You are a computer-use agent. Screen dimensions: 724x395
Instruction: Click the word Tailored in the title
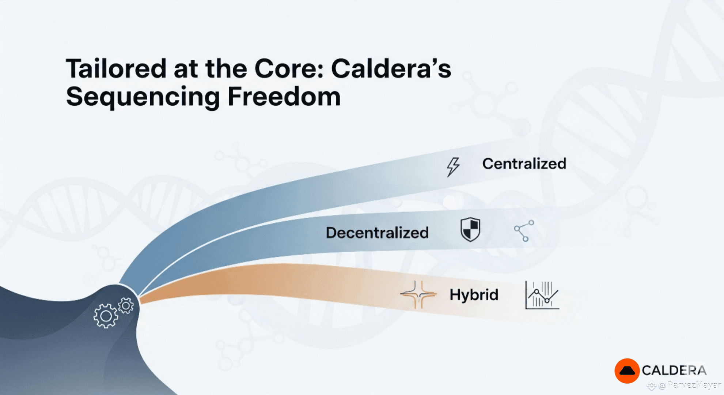click(x=116, y=68)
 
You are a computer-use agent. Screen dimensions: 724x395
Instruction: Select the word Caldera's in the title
click(x=391, y=68)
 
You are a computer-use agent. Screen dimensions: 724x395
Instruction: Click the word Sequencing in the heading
click(x=143, y=97)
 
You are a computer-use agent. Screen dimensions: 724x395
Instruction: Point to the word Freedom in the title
click(x=284, y=97)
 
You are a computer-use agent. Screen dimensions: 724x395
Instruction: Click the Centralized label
click(x=524, y=163)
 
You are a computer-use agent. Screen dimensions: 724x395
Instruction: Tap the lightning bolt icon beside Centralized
click(x=453, y=167)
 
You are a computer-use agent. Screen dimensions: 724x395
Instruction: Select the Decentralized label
click(x=377, y=233)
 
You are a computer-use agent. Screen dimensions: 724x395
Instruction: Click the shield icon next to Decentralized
click(x=470, y=229)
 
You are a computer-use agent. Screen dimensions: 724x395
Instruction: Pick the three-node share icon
click(x=524, y=231)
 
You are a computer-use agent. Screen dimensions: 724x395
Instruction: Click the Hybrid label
click(x=474, y=294)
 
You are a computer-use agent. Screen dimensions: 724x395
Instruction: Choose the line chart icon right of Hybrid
click(x=542, y=295)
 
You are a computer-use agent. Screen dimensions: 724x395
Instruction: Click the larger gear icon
click(x=106, y=316)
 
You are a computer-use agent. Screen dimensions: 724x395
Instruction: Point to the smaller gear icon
click(x=126, y=306)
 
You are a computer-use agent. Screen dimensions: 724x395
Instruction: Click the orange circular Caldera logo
click(x=627, y=371)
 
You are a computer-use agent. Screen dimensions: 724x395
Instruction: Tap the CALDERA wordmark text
click(x=674, y=370)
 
